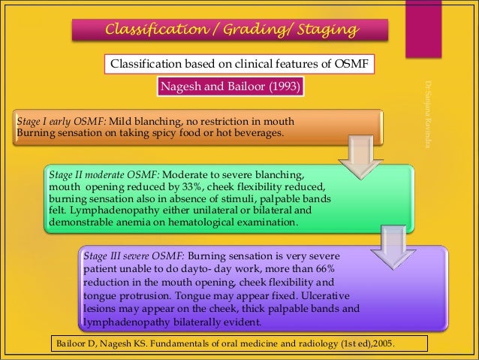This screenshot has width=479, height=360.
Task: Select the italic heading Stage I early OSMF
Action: point(62,122)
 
